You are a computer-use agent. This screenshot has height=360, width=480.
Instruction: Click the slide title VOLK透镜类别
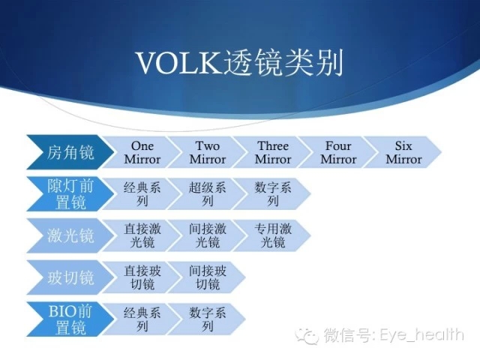pos(239,63)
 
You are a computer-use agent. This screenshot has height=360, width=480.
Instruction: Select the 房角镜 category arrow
pos(70,152)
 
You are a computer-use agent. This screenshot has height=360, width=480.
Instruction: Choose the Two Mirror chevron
pos(208,152)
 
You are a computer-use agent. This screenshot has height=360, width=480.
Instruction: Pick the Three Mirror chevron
pos(273,152)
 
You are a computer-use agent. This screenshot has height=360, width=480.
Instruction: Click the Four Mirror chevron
pos(338,152)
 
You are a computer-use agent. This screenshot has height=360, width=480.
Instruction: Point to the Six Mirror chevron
pos(403,152)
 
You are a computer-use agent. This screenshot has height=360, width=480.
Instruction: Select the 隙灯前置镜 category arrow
pos(70,193)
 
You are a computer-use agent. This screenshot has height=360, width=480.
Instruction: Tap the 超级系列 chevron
pos(208,193)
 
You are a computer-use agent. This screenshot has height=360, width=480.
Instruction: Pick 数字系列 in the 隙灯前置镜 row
pos(273,193)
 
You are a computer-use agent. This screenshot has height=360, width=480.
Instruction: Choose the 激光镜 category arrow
pos(70,235)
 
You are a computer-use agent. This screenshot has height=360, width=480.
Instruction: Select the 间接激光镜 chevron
pos(208,235)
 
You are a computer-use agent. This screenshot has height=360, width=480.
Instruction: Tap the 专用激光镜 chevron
pos(273,235)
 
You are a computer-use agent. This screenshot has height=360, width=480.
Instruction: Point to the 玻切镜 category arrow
pos(70,277)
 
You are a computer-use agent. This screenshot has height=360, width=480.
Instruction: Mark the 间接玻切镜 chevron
pos(208,277)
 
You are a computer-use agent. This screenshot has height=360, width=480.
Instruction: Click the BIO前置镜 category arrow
pos(70,319)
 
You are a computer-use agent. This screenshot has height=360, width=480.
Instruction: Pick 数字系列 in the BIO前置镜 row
pos(208,319)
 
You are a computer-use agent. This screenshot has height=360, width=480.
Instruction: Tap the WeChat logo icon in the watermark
pos(307,336)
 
